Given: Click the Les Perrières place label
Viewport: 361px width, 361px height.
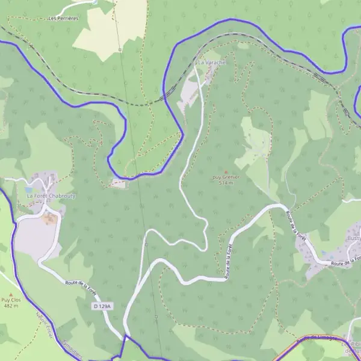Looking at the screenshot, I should point(63,19).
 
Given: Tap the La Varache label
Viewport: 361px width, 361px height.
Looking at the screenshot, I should point(211,63).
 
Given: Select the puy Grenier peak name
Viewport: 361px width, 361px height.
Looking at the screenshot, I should point(226,177).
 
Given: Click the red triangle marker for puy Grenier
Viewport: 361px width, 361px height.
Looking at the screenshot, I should point(226,171).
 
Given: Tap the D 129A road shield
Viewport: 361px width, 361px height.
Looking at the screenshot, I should point(103,306).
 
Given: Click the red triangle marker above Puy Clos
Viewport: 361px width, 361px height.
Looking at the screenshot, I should point(10,294).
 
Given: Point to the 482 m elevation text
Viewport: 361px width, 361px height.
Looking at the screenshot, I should point(10,306).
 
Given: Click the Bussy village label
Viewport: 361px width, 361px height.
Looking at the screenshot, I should point(353,238).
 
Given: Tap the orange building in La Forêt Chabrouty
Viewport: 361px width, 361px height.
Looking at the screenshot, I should point(49,218).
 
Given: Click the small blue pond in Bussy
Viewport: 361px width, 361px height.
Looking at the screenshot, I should point(325,253).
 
